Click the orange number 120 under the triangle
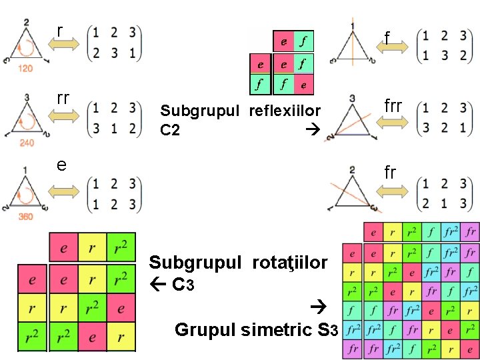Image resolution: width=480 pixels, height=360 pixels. [26, 69]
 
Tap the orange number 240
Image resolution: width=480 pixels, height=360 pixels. [26, 142]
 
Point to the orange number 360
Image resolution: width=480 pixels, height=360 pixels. [26, 216]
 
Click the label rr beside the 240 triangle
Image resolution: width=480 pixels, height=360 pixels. [63, 99]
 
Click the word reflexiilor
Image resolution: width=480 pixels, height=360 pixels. [285, 111]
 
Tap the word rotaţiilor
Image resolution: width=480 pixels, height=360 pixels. [290, 263]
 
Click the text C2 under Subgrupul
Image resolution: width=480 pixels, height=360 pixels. [170, 130]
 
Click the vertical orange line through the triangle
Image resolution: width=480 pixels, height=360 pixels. [352, 47]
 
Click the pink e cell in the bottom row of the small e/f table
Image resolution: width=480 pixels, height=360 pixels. [303, 85]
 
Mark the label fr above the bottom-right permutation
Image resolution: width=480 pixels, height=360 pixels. [391, 173]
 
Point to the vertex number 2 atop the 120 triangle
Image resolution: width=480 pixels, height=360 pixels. [26, 23]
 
